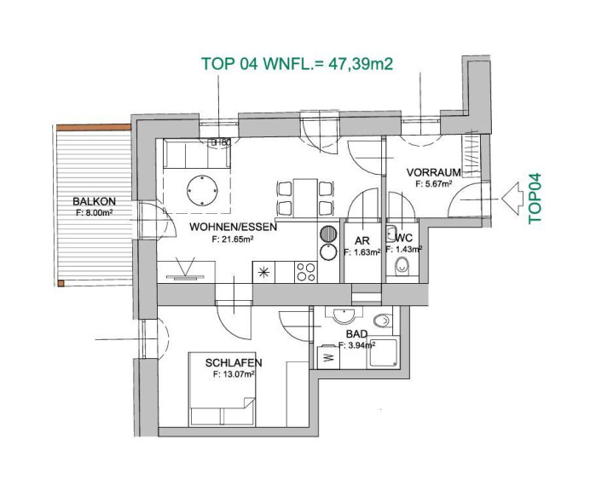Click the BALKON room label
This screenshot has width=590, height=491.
[x=94, y=202]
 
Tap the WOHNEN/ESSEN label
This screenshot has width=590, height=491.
[x=233, y=227]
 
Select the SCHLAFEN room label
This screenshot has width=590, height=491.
[x=234, y=362]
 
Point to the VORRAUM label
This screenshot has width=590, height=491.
[x=433, y=173]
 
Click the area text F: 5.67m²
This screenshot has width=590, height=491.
[x=433, y=184]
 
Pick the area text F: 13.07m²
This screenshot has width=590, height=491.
[x=234, y=374]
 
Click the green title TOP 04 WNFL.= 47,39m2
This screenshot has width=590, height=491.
[x=298, y=64]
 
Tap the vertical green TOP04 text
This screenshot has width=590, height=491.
[x=535, y=199]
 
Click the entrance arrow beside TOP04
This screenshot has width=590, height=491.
[x=512, y=199]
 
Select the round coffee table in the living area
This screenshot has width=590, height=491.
[x=202, y=190]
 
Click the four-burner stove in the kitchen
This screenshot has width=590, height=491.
[x=306, y=272]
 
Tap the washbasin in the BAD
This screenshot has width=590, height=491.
[x=344, y=315]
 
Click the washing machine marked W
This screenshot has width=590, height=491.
[x=328, y=356]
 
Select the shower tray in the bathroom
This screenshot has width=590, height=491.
[x=383, y=353]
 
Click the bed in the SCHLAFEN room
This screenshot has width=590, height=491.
[x=222, y=389]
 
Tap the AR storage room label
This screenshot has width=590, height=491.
[x=362, y=240]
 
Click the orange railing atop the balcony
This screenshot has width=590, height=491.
[x=93, y=128]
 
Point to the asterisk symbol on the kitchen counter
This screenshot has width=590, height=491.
[x=263, y=272]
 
